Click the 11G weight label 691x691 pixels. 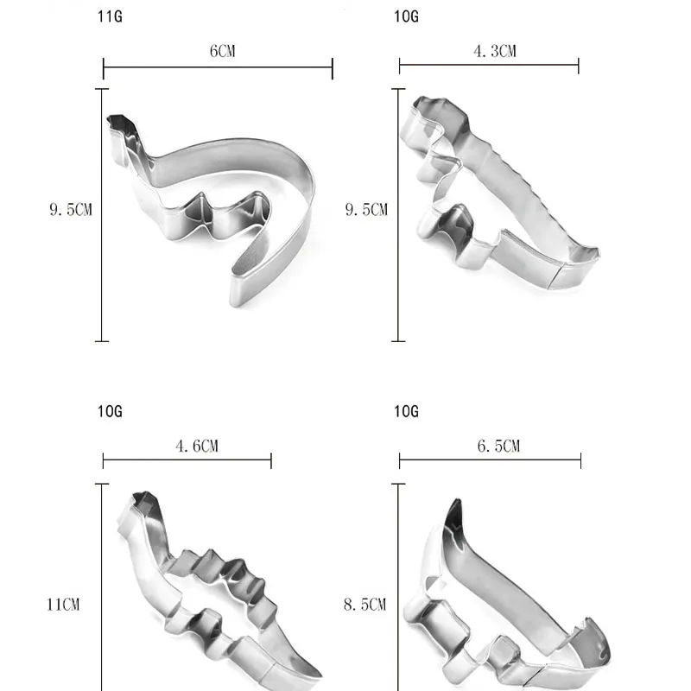coord(110,16)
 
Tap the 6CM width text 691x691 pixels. coord(223,51)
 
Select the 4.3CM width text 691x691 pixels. coord(495,51)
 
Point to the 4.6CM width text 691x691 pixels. coord(197,446)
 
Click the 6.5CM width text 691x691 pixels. coord(499,446)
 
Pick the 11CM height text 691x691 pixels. coord(63,604)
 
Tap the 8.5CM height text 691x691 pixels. coord(365,604)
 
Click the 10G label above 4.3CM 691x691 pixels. coord(406,16)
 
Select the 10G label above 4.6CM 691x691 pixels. coord(110,412)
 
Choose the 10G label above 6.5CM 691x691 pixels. coord(406,412)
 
